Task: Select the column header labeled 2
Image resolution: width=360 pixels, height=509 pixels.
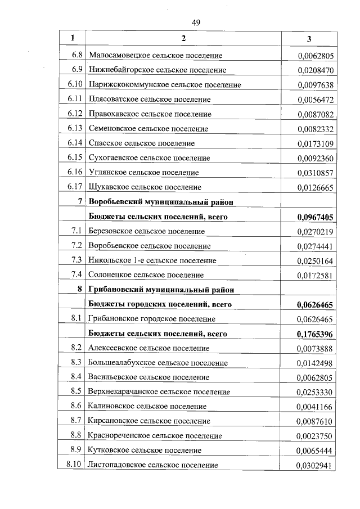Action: [183, 38]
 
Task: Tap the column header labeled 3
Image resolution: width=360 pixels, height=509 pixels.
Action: [309, 39]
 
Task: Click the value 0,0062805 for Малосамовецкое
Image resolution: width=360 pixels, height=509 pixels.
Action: [316, 55]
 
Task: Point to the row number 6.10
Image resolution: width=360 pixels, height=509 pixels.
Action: [75, 84]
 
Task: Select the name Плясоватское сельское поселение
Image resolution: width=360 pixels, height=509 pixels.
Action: [149, 99]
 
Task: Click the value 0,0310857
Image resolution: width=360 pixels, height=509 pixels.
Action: [316, 172]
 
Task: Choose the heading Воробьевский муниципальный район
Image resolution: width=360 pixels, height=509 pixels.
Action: [160, 201]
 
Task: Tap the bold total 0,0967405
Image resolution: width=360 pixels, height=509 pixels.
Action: [315, 216]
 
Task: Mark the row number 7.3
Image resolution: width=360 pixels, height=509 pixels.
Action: [77, 260]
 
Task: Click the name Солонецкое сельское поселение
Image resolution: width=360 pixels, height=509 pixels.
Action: [146, 274]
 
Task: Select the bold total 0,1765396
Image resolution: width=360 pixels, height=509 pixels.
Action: [315, 334]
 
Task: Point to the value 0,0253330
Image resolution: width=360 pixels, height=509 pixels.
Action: [316, 391]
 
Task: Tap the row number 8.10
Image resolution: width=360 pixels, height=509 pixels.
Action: [75, 465]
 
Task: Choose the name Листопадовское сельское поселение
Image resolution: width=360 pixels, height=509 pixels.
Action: [152, 465]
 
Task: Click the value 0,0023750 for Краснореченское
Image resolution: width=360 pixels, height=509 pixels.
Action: [316, 435]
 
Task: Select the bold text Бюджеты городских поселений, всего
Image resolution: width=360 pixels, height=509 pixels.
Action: [160, 304]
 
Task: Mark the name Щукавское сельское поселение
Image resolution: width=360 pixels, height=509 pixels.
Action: [145, 187]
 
